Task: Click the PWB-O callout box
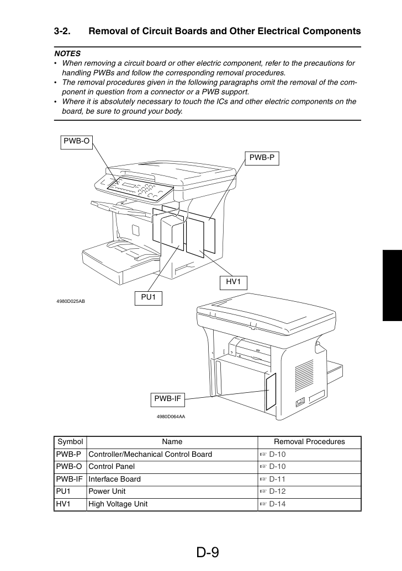(76, 142)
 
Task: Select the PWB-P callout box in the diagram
(262, 158)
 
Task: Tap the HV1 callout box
(233, 282)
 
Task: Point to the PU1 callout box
(149, 298)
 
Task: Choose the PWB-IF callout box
(167, 399)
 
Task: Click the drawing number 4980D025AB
(71, 301)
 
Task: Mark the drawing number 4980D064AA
(171, 417)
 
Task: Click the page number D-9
(208, 552)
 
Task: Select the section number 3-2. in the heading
(62, 31)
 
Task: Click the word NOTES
(67, 54)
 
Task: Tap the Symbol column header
(70, 442)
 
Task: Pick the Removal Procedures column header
(309, 442)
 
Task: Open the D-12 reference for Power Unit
(277, 492)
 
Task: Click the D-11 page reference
(277, 479)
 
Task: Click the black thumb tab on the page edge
(392, 286)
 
